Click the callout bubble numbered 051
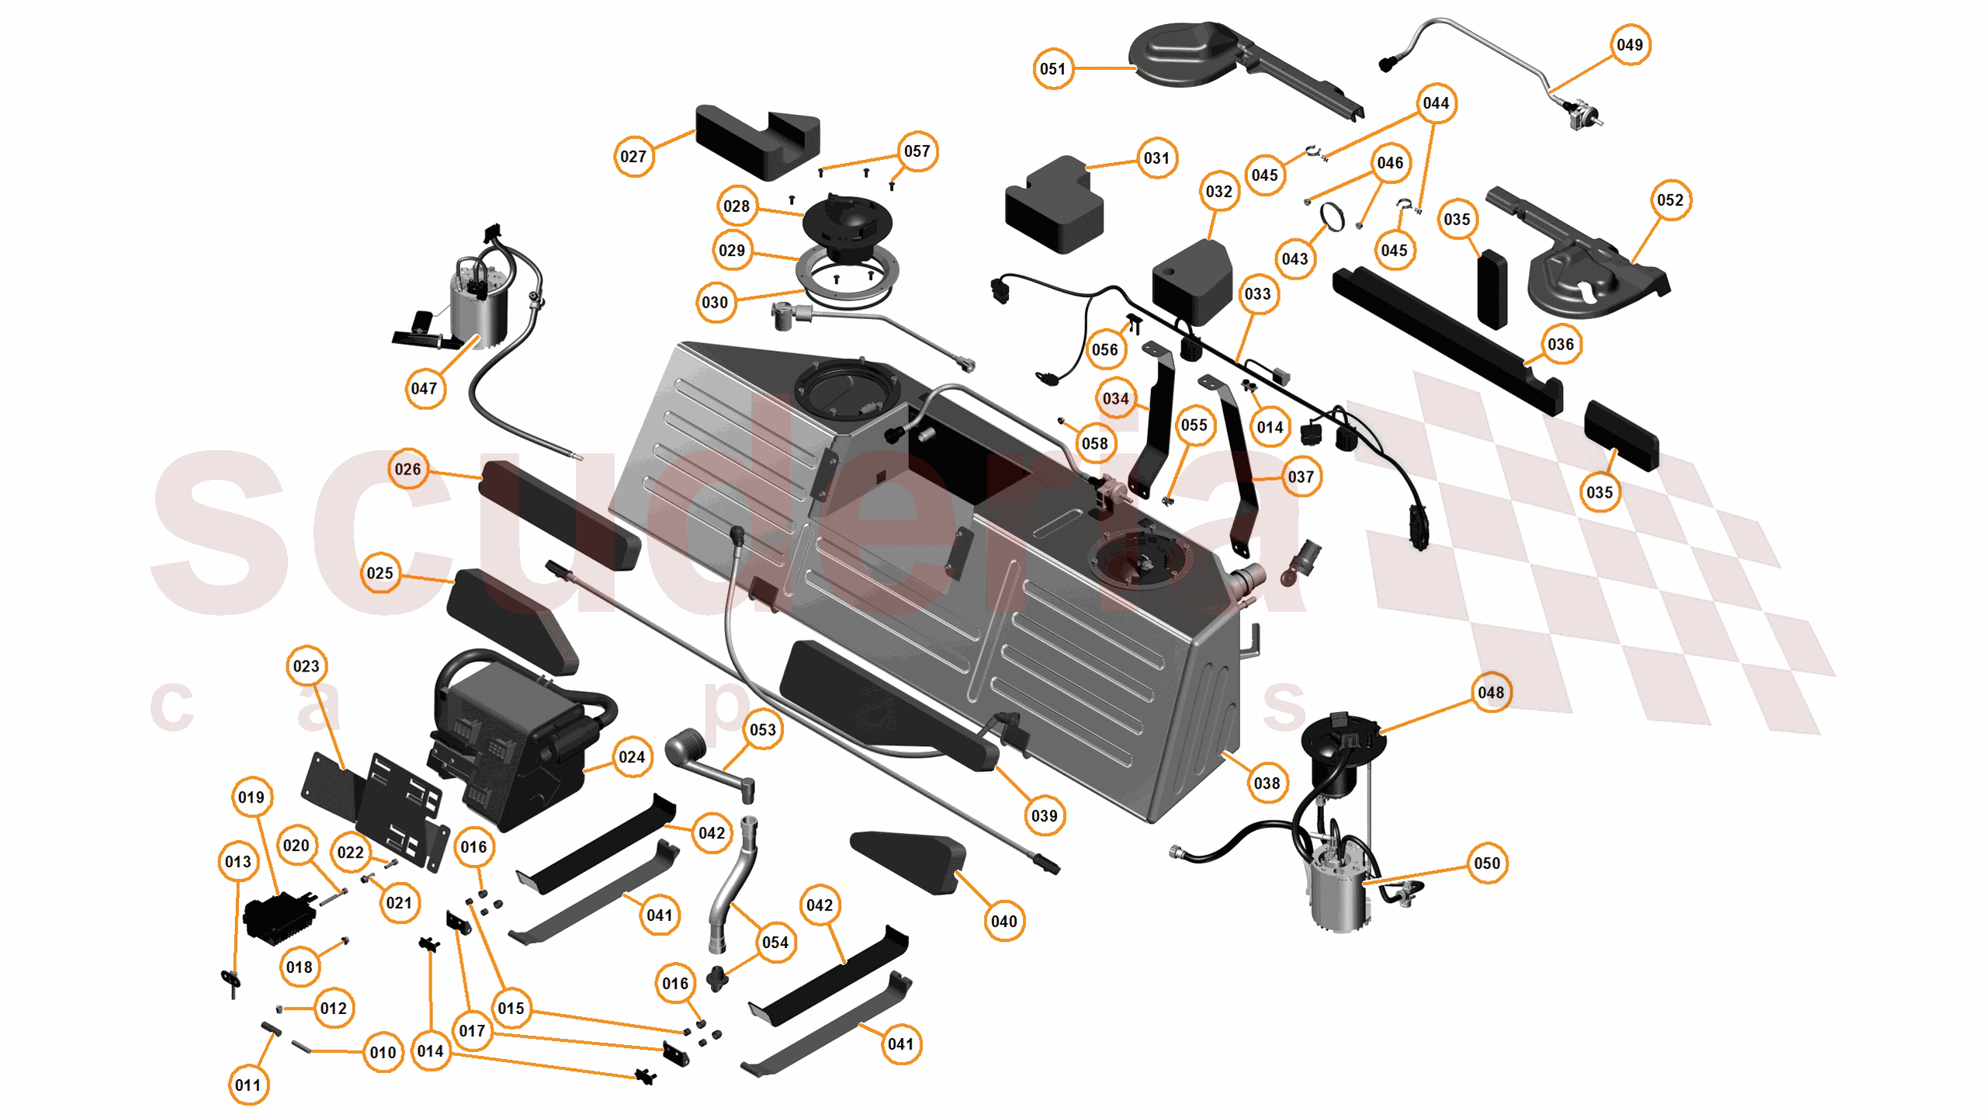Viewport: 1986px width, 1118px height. (x=1052, y=69)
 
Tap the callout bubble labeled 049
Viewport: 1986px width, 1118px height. (x=1629, y=45)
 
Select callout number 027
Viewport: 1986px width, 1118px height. (x=633, y=156)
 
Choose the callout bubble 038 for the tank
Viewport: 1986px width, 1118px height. (x=1267, y=783)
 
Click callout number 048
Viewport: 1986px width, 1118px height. (x=1490, y=693)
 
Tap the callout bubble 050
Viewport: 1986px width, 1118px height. (x=1486, y=863)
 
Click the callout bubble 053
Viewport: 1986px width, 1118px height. (x=762, y=730)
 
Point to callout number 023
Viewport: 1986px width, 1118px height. (x=306, y=666)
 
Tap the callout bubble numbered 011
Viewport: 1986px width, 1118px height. (x=248, y=1085)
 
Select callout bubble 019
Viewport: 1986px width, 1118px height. (x=251, y=797)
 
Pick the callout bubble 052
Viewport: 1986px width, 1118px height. (x=1669, y=200)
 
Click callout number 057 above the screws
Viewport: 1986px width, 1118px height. (x=917, y=151)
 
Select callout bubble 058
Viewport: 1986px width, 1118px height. (x=1094, y=443)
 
